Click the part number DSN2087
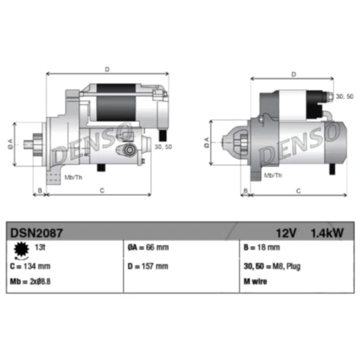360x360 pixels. pos(37,233)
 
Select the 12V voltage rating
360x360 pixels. pos(286,233)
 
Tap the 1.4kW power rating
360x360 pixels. pos(327,233)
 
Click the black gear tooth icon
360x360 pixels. pos(21,249)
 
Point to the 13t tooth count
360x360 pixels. pos(40,247)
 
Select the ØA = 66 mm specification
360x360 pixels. pos(148,247)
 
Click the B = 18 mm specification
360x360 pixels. pos(262,247)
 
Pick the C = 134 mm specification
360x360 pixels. pos(30,267)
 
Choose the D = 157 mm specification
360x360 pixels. pos(148,267)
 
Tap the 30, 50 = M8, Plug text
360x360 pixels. pos(272,267)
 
